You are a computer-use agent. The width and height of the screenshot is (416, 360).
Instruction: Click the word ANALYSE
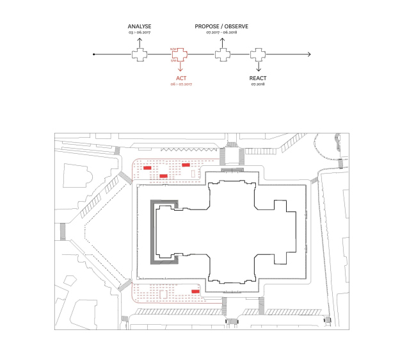click(x=139, y=26)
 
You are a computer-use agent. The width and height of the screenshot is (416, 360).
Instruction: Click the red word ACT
click(x=180, y=78)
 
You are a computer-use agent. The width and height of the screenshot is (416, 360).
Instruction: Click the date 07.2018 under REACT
click(x=259, y=84)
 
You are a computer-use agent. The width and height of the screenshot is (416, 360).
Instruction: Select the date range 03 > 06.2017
click(x=139, y=32)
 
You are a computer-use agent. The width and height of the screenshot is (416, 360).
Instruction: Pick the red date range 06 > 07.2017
click(x=180, y=84)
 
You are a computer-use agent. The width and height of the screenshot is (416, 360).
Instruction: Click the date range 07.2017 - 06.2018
click(x=222, y=32)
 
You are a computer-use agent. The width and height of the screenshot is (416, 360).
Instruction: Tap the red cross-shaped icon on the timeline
click(x=180, y=54)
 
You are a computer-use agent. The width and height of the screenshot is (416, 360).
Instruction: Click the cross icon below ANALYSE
click(x=139, y=54)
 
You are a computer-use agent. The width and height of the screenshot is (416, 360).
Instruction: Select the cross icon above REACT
click(x=259, y=54)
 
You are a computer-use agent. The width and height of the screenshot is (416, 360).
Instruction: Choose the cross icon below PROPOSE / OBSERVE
click(x=222, y=54)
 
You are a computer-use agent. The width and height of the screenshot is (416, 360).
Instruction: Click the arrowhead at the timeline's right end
click(x=311, y=54)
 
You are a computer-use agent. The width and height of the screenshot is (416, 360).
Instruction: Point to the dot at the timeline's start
click(x=95, y=54)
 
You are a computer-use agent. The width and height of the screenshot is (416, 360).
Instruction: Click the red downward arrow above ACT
click(x=180, y=69)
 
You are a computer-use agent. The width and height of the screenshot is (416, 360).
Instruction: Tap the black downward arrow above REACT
click(x=259, y=69)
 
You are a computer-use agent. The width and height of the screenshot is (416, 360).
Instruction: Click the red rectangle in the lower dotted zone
click(x=195, y=291)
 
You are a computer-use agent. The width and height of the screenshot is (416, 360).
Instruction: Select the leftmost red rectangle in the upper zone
click(x=147, y=168)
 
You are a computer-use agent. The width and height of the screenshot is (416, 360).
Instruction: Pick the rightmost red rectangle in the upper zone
click(x=186, y=165)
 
